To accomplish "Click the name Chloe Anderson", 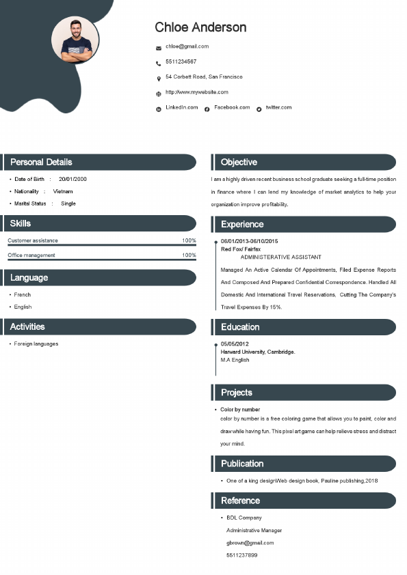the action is point(200,27).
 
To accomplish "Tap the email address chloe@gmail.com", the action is point(187,46).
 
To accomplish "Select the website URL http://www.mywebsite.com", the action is point(197,92).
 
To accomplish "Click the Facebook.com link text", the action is point(232,107).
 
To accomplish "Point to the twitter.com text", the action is point(278,107).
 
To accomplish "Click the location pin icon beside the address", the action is point(159,79).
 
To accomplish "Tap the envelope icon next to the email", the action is point(159,48).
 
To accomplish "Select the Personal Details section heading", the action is point(41,163).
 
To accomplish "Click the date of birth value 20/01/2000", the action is point(73,179).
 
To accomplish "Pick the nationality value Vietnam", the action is point(63,191).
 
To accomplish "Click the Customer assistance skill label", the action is point(33,240).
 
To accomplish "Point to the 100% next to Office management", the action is point(189,255).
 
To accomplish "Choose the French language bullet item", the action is point(23,295).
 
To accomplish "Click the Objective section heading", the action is point(239,163).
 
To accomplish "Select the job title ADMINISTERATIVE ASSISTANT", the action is point(280,257).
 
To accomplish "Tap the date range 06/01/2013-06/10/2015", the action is point(249,241).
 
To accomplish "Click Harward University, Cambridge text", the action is point(258,352).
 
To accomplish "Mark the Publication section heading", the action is point(242,464).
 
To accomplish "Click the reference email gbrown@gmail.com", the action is point(250,543).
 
